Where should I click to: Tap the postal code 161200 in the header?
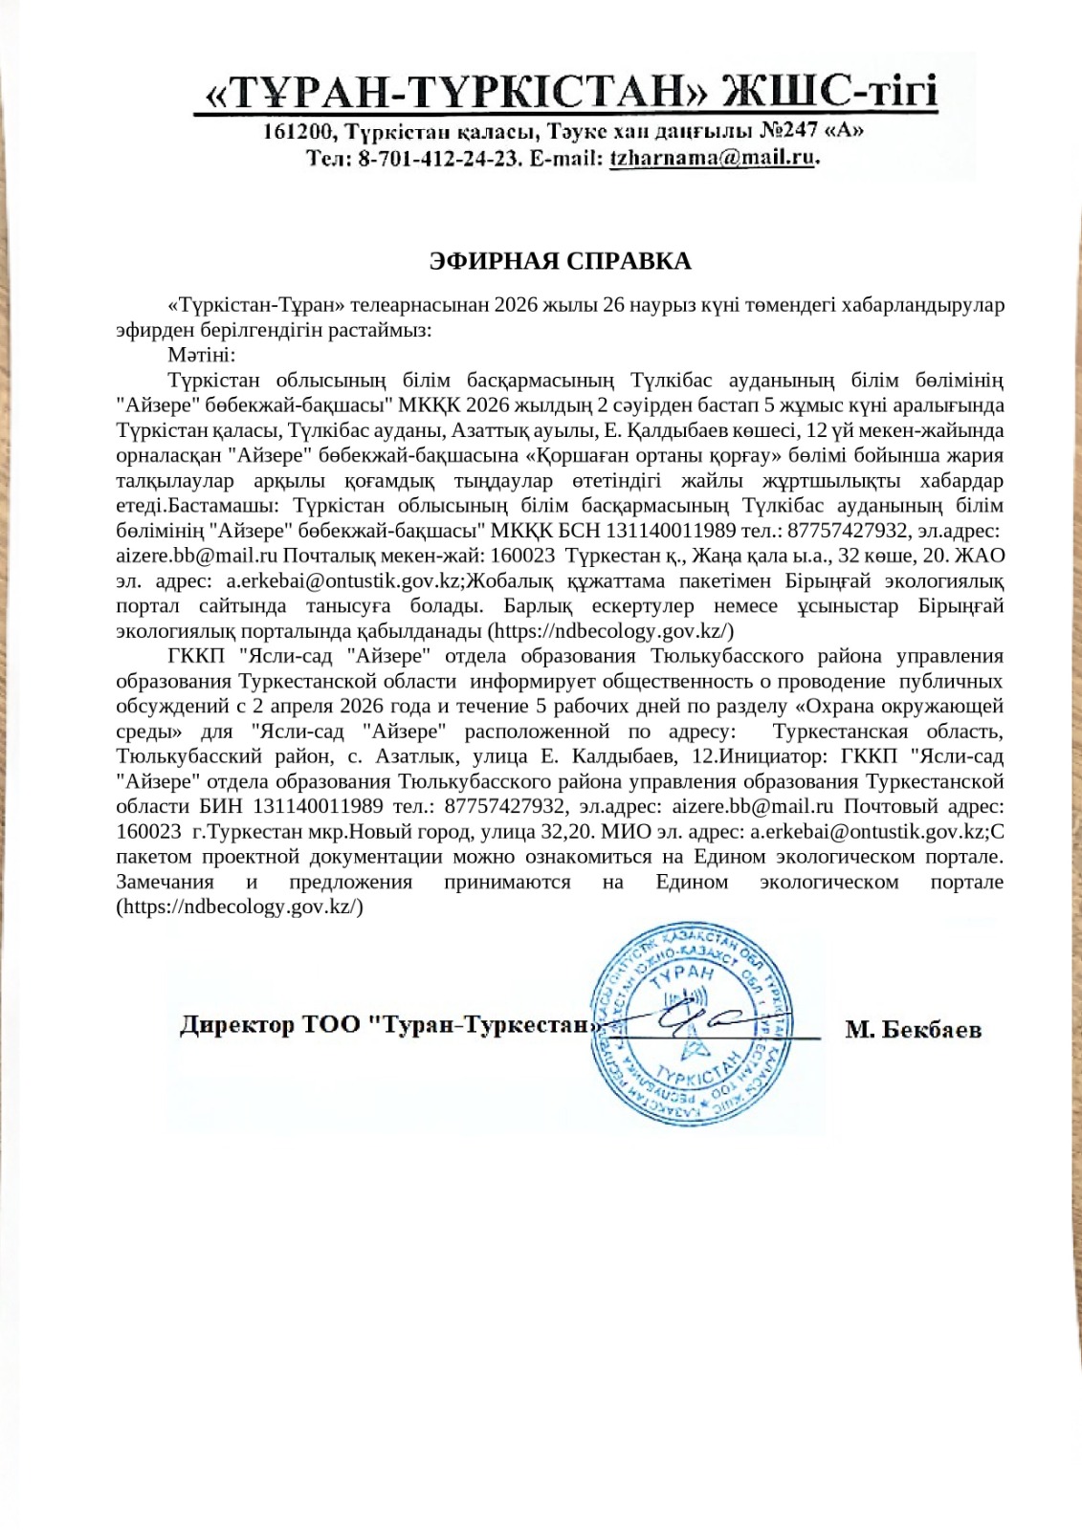298,131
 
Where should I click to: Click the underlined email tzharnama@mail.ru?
712,159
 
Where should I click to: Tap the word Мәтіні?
194,355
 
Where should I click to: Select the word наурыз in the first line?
651,305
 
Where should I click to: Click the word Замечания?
165,882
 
